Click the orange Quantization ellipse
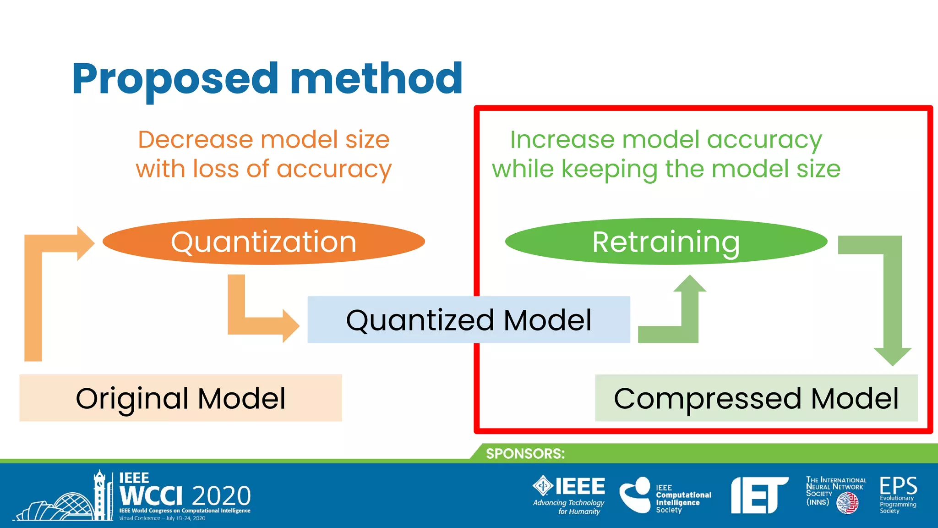point(263,242)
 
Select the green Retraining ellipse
point(665,242)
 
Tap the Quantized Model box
point(468,319)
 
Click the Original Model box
point(180,398)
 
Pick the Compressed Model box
point(756,398)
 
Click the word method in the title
point(376,79)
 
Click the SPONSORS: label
point(525,454)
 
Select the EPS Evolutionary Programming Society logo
point(898,494)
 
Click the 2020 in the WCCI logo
point(221,496)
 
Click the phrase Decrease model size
point(263,139)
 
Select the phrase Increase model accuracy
point(665,139)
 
